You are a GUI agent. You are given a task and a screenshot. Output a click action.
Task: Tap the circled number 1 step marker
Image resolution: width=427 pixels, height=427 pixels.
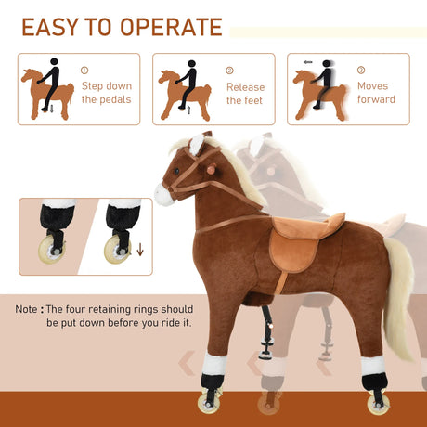point(84,70)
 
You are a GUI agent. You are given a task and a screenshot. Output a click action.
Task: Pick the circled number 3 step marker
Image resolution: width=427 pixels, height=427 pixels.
point(360,70)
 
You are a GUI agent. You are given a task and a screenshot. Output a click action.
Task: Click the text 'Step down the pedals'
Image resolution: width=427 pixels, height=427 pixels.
point(106,93)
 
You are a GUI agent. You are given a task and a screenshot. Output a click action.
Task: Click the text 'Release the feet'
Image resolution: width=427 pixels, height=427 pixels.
point(245,94)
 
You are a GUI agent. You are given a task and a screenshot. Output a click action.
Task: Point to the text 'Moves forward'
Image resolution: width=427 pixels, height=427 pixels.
point(375,93)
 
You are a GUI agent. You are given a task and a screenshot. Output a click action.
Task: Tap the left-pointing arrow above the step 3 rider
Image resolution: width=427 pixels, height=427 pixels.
point(307,63)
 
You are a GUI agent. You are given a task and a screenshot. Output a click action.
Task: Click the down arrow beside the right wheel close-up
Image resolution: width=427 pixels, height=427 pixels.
point(140,249)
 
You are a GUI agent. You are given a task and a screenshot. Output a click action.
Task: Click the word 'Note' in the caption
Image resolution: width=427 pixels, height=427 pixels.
point(27,309)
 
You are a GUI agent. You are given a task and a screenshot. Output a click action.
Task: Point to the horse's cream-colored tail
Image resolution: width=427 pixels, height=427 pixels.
point(399,297)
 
